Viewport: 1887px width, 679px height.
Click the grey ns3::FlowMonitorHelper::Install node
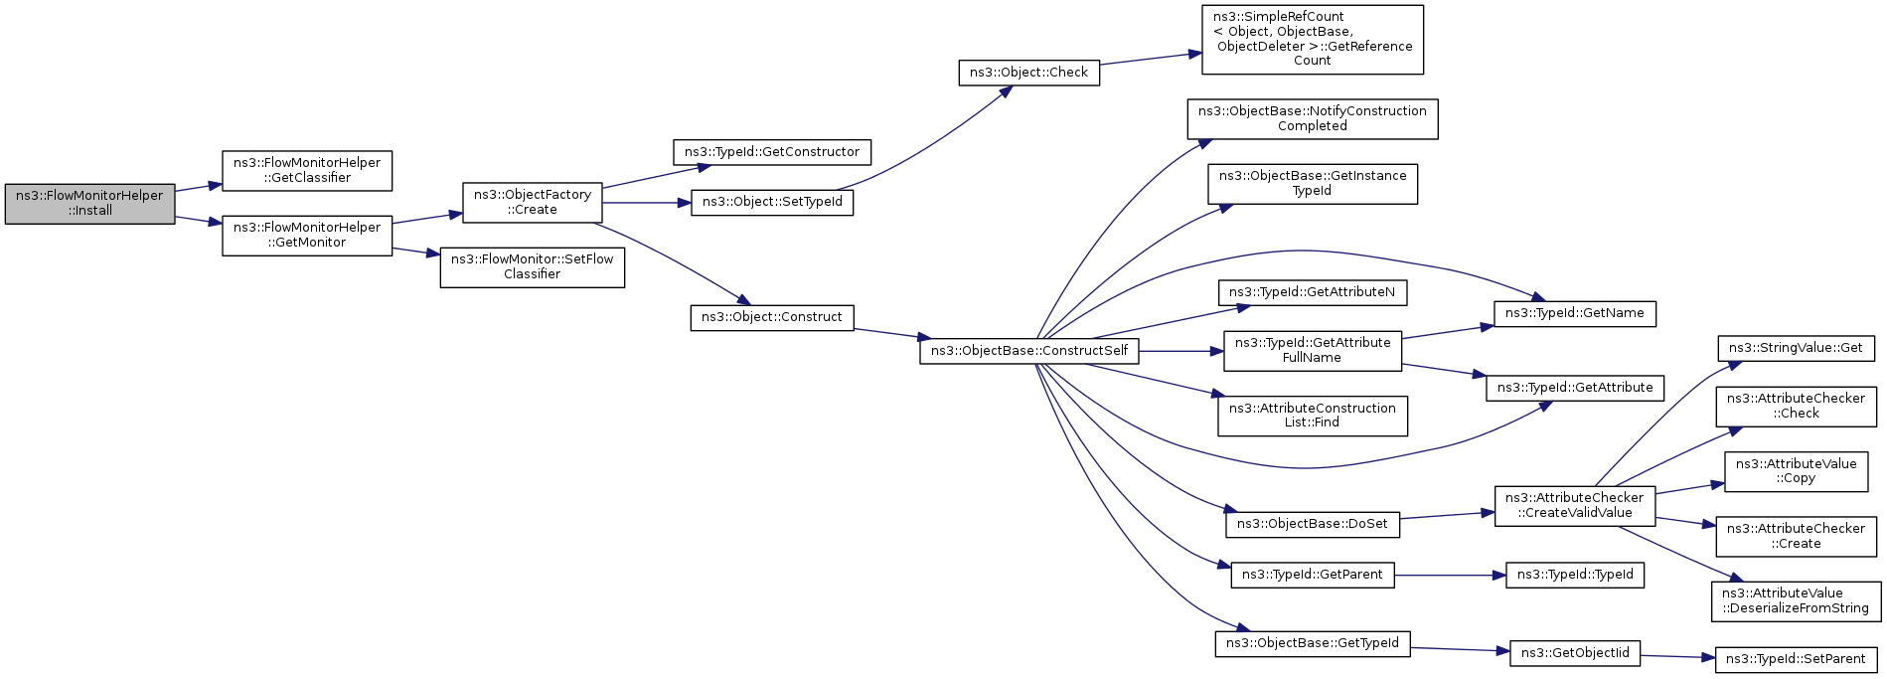point(89,203)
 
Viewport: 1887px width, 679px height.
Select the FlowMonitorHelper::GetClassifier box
point(307,170)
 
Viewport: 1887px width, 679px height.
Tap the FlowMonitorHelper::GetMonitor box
point(307,235)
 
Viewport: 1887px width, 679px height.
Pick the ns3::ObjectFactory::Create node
point(533,202)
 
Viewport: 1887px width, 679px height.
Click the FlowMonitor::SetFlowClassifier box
point(533,266)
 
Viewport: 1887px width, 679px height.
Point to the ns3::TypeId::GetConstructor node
point(772,152)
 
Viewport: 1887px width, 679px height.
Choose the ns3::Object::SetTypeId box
point(772,202)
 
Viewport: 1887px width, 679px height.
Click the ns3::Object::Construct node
point(772,317)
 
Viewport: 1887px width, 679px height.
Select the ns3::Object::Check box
point(1028,73)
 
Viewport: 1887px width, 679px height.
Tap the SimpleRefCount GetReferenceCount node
point(1312,39)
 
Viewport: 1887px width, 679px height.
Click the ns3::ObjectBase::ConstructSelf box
point(1028,351)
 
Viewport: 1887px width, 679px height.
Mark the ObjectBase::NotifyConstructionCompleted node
point(1312,118)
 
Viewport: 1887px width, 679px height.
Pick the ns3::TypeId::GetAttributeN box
point(1312,292)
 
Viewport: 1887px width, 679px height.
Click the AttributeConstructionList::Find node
point(1312,416)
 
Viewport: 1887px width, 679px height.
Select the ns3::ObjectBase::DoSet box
point(1312,524)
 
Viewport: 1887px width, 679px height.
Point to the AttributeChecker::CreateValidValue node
point(1574,505)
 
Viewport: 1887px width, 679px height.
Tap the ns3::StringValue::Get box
point(1796,348)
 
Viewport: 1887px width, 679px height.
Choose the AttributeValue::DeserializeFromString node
point(1796,600)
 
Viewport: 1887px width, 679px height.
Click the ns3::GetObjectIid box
point(1574,653)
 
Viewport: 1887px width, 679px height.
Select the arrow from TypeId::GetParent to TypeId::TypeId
point(1451,575)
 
